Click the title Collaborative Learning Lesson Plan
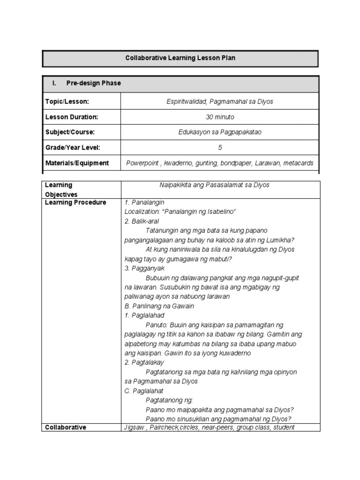pos(180,59)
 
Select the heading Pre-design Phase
pos(93,83)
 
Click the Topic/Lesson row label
pos(67,102)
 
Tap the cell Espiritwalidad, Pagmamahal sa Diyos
pos(220,102)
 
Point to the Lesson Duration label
pos(72,117)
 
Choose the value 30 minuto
pos(220,117)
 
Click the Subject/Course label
pos(70,132)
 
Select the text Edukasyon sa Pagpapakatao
pos(220,132)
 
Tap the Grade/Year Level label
pos(73,148)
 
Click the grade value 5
pos(220,148)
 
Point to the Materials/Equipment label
pos(77,163)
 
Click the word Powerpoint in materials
pos(142,163)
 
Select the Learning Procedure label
pos(75,202)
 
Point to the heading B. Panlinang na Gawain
pos(159,306)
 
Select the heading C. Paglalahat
pos(144,391)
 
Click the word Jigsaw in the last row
pos(134,427)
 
